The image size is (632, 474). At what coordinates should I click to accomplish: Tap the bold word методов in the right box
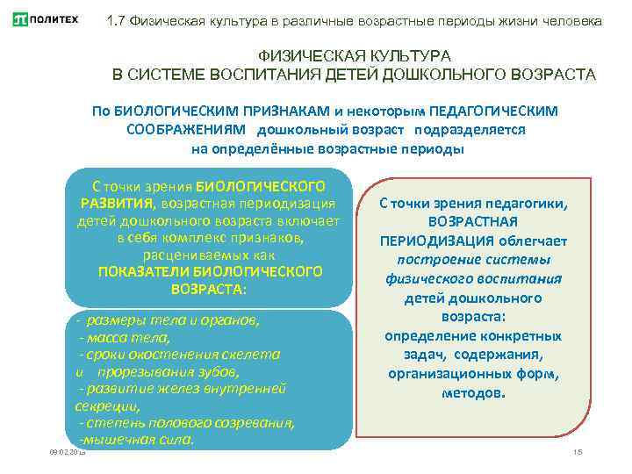click(x=474, y=393)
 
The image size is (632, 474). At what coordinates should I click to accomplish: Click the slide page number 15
click(x=577, y=451)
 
